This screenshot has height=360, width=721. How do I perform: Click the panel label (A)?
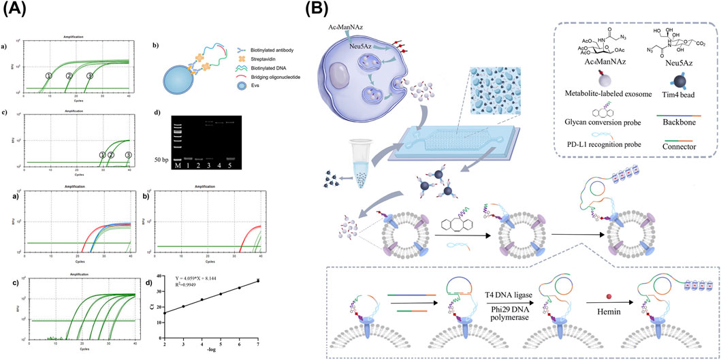(14, 10)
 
